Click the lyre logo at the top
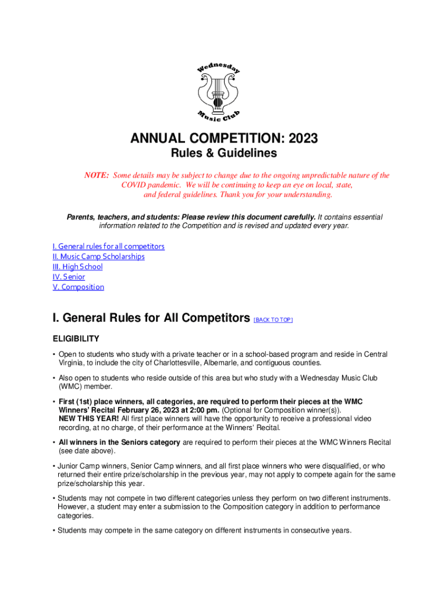click(x=218, y=92)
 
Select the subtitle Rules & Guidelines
click(x=223, y=154)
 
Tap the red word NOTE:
click(x=97, y=175)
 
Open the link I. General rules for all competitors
click(x=108, y=246)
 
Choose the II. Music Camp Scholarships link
click(x=98, y=256)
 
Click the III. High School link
click(x=77, y=267)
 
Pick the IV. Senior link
click(x=69, y=277)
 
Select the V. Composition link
click(x=78, y=287)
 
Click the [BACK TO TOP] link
click(x=273, y=320)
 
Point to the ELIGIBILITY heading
click(x=76, y=339)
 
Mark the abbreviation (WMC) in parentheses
click(x=70, y=386)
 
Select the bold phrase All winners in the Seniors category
click(x=119, y=442)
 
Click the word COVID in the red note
click(x=135, y=185)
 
